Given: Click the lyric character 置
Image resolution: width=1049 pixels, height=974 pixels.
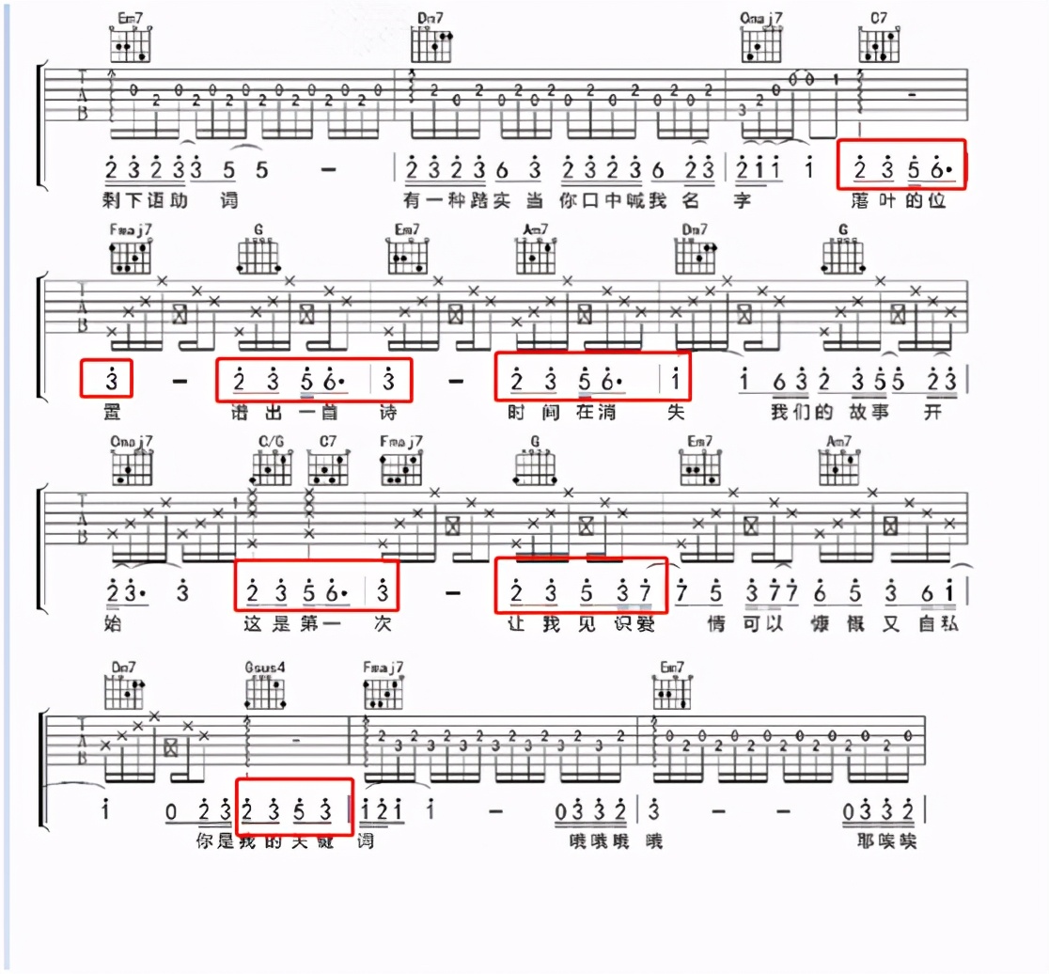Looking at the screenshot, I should tap(111, 412).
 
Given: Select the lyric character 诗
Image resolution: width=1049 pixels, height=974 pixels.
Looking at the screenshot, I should tap(386, 412).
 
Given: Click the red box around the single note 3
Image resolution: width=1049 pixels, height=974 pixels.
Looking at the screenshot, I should tap(106, 379).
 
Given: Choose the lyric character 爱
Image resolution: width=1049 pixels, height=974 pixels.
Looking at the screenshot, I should tap(646, 622).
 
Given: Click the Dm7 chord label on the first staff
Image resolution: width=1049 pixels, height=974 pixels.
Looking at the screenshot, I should tap(431, 17).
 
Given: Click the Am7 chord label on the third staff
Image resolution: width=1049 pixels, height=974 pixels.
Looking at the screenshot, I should tap(838, 441).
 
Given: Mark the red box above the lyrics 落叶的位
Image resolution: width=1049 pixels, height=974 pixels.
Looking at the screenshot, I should tap(900, 164).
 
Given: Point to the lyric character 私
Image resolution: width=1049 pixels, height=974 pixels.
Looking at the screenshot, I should tap(950, 622).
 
